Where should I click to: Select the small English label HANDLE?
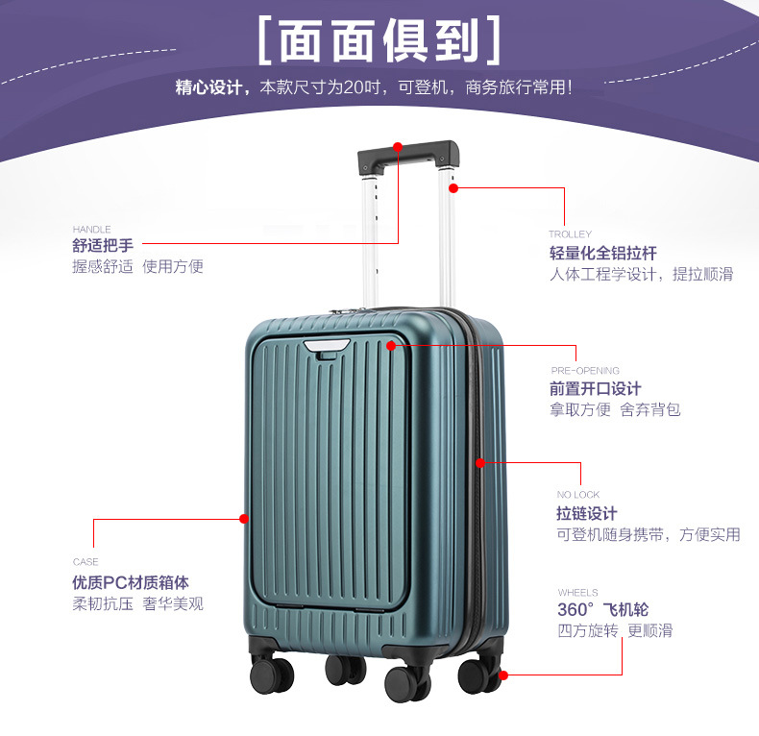click(91, 230)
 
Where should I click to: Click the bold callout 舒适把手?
click(103, 246)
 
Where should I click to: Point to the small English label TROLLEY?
click(570, 234)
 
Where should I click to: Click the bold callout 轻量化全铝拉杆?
click(603, 254)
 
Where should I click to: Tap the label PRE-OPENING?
click(584, 370)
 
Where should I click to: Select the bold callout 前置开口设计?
click(595, 389)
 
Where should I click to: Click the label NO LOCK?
click(577, 495)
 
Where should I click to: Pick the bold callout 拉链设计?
click(587, 514)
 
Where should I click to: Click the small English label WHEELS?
click(577, 593)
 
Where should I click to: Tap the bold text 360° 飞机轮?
click(602, 610)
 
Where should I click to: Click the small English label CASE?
click(86, 562)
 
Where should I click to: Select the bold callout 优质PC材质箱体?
click(131, 582)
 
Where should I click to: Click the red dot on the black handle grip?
click(398, 148)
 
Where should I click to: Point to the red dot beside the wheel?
click(502, 675)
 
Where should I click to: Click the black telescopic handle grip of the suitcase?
click(408, 157)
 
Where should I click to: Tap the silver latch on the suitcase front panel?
click(328, 346)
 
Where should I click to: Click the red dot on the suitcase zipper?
click(480, 463)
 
